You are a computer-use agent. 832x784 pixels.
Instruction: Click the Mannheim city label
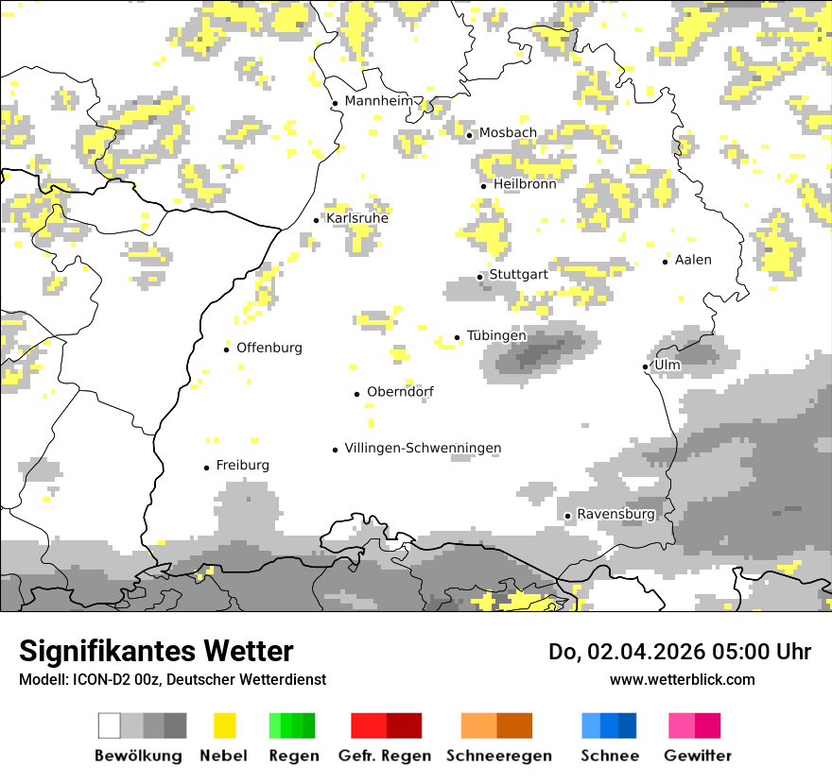click(379, 101)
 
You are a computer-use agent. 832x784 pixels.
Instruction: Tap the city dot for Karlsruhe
click(317, 220)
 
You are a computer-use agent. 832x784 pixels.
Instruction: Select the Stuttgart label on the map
click(518, 275)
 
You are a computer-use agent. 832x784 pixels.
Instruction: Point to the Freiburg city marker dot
click(206, 468)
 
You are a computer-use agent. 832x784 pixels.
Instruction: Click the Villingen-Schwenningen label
click(423, 448)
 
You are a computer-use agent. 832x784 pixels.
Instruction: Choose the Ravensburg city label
click(615, 514)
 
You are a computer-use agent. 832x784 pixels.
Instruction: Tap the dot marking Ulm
click(645, 366)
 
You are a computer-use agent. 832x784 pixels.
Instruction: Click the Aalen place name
click(692, 260)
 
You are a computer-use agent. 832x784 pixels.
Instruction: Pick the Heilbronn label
click(524, 183)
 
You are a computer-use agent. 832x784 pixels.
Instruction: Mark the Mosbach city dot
click(469, 135)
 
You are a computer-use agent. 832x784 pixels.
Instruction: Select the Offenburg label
click(269, 348)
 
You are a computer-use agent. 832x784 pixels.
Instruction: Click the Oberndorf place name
click(400, 392)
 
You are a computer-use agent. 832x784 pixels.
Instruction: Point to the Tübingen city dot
click(458, 337)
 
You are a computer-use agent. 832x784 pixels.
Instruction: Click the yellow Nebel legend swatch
click(224, 725)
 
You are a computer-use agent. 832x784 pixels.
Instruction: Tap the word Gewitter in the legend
click(697, 756)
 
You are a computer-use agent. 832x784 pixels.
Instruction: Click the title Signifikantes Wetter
click(156, 651)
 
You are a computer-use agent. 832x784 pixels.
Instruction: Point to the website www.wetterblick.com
click(682, 679)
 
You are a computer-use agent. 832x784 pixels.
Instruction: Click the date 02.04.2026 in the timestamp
click(644, 652)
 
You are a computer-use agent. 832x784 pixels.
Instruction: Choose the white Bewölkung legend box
click(110, 725)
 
